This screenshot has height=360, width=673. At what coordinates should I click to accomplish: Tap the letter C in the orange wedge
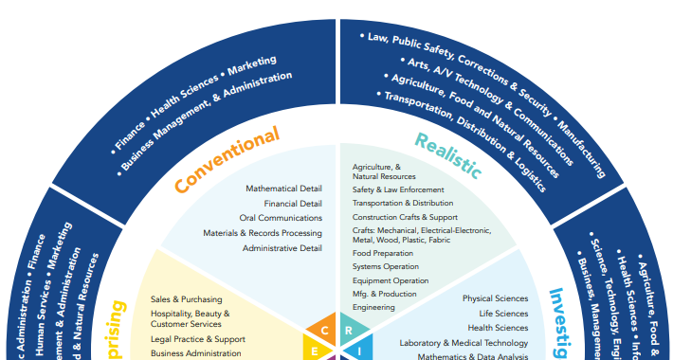(x=324, y=331)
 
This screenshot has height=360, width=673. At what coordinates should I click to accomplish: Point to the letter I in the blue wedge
(x=359, y=351)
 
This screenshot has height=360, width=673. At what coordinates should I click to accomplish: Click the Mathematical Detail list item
(x=283, y=189)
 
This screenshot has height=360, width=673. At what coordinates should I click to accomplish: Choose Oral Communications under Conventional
(x=281, y=218)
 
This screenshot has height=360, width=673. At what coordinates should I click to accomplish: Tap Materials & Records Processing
(x=263, y=233)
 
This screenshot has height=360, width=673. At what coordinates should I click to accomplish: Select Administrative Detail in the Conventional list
(x=282, y=248)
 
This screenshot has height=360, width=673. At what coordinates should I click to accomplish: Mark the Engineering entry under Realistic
(x=373, y=307)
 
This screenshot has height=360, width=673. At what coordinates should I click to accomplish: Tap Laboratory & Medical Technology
(x=464, y=343)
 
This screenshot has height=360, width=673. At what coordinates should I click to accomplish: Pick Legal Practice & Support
(x=197, y=339)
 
